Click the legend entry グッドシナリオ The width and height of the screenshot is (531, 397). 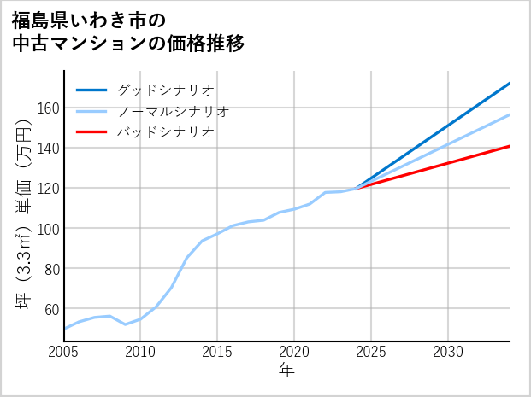(x=165, y=90)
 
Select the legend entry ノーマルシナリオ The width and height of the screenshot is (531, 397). (x=173, y=111)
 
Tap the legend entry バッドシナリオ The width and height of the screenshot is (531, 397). (x=165, y=132)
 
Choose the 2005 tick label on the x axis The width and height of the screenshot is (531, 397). (x=64, y=352)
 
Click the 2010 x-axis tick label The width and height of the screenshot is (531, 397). (x=141, y=352)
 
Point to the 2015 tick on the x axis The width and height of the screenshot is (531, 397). (x=218, y=352)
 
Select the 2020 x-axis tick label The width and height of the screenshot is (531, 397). (x=294, y=352)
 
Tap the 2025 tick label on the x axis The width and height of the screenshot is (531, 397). (x=371, y=352)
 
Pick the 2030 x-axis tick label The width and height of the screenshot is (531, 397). (x=448, y=352)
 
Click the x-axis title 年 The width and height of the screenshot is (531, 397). (x=286, y=371)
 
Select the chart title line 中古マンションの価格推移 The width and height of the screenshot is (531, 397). (x=128, y=44)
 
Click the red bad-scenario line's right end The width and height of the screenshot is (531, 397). (x=509, y=146)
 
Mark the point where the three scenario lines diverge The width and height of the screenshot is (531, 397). (x=357, y=188)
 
